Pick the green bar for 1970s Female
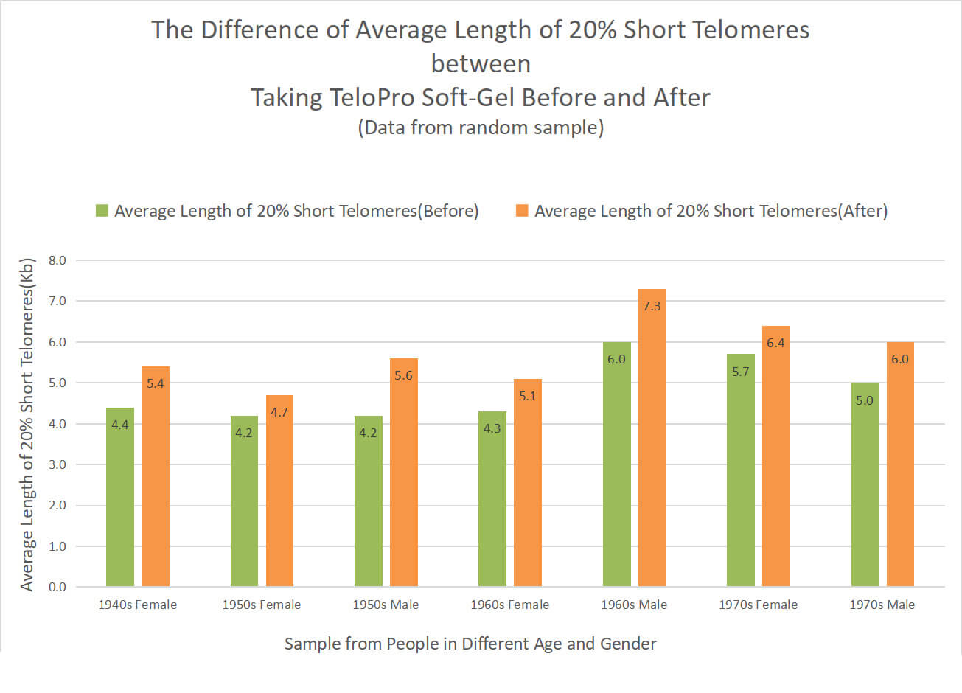pyautogui.click(x=741, y=479)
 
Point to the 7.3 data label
pyautogui.click(x=652, y=306)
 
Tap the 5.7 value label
pyautogui.click(x=741, y=372)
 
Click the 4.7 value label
pyautogui.click(x=279, y=412)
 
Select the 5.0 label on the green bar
pyautogui.click(x=865, y=400)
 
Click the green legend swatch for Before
pyautogui.click(x=102, y=211)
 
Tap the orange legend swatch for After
pyautogui.click(x=522, y=211)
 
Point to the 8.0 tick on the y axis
pyautogui.click(x=57, y=260)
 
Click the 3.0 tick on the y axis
pyautogui.click(x=57, y=464)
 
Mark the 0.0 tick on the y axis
pyautogui.click(x=57, y=587)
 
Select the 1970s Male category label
pyautogui.click(x=882, y=605)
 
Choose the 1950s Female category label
pyautogui.click(x=262, y=605)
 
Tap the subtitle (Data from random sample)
pyautogui.click(x=481, y=128)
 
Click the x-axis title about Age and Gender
pyautogui.click(x=470, y=644)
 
